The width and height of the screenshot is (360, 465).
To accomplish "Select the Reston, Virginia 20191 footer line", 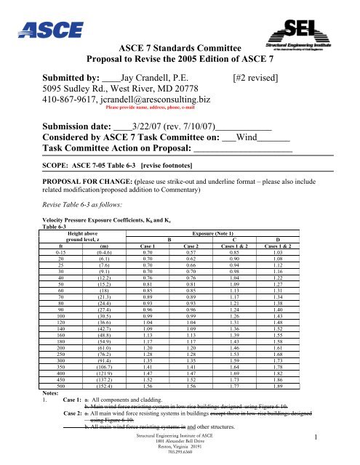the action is pos(180,453).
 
